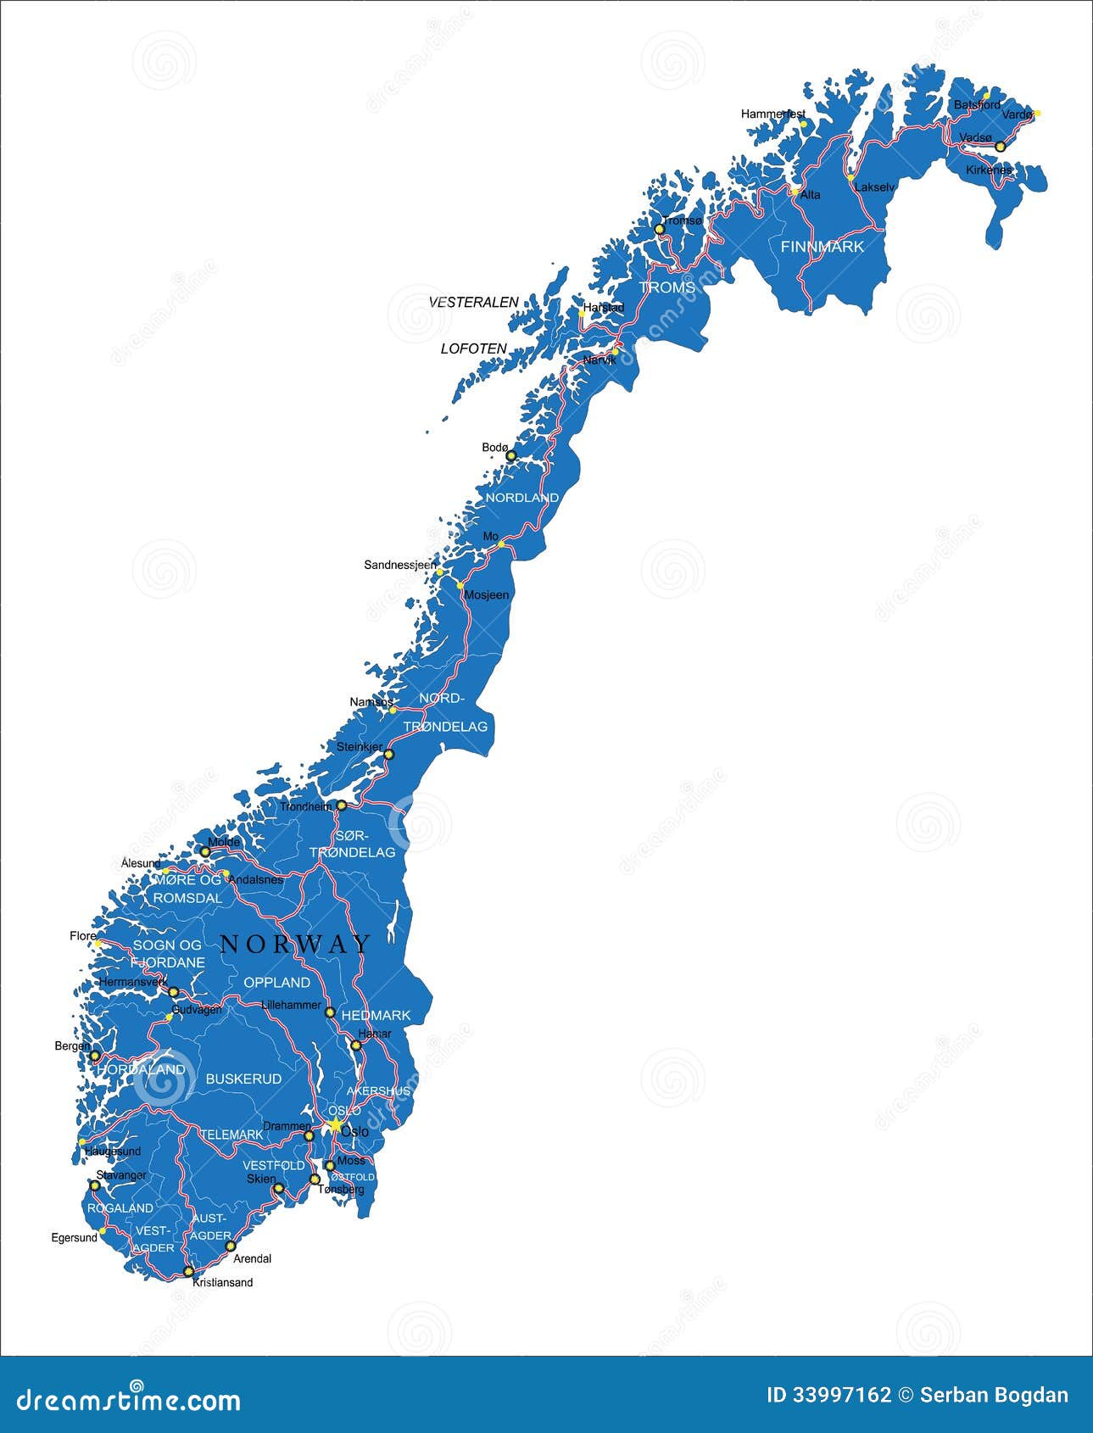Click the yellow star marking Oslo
[335, 1125]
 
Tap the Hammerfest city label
[772, 114]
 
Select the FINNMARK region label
[822, 247]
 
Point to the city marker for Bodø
[510, 456]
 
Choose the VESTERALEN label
[474, 302]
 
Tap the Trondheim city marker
[342, 806]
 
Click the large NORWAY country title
[295, 944]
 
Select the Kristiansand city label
[223, 1282]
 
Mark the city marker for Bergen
[95, 1056]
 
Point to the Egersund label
[75, 1238]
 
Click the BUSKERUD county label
[243, 1079]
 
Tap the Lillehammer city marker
[330, 1012]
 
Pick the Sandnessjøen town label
[400, 565]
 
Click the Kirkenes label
[989, 170]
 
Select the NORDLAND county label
[521, 498]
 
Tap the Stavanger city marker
[95, 1185]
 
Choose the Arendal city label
[252, 1259]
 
